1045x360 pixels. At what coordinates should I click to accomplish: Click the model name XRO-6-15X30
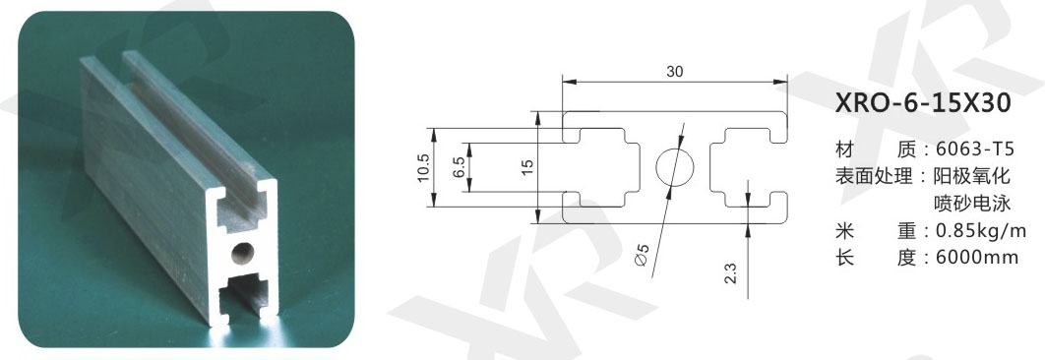coord(923,104)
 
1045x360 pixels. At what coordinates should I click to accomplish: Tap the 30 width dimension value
coord(674,73)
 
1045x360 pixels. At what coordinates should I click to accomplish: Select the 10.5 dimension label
coord(424,167)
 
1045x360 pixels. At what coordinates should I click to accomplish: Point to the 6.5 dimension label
coord(458,167)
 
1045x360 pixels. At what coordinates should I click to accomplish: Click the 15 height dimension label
coord(527,167)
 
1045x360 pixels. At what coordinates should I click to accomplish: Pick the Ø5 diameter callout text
coord(642,255)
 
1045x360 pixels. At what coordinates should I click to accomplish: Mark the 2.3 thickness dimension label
coord(730,273)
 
